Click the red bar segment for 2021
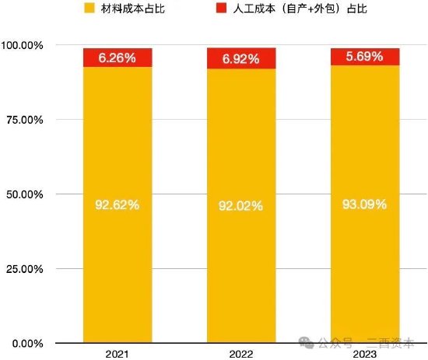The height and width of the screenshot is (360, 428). [118, 58]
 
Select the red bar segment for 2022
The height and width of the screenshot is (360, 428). [242, 58]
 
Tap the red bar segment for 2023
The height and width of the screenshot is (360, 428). [365, 57]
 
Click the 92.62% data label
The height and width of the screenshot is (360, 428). [118, 205]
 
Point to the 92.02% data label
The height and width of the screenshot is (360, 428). [242, 206]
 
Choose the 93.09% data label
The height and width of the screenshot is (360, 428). [365, 204]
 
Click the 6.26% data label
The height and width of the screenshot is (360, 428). [118, 57]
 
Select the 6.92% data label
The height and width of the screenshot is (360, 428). [242, 58]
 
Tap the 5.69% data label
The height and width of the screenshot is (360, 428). [365, 56]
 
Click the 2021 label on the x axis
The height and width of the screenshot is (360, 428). [118, 354]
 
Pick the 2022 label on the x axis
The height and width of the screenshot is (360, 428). [242, 354]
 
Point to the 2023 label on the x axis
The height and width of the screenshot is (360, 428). [365, 354]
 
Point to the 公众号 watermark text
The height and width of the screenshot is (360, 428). [335, 341]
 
